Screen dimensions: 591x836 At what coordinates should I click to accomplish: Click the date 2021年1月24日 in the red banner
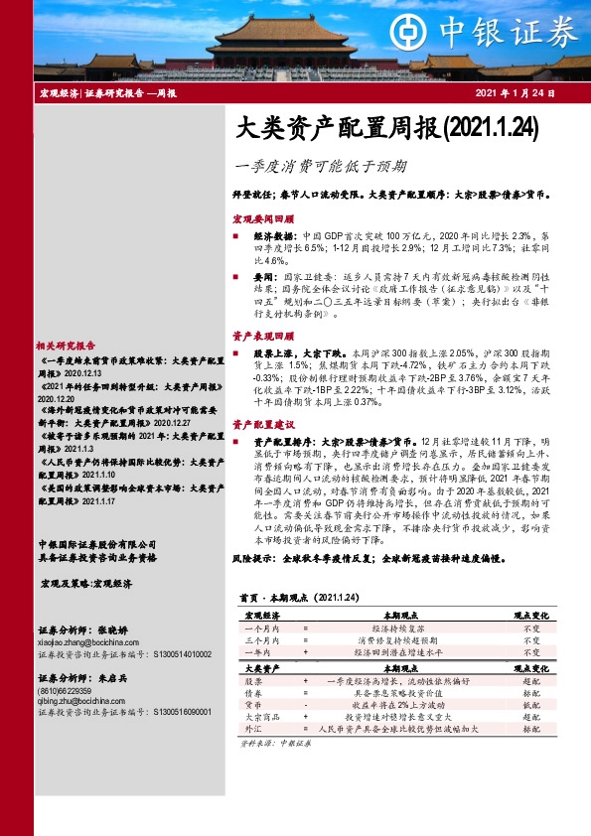pyautogui.click(x=525, y=93)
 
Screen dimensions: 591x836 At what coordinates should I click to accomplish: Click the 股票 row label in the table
pyautogui.click(x=254, y=681)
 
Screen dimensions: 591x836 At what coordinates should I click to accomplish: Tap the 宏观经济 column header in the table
pyautogui.click(x=260, y=617)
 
